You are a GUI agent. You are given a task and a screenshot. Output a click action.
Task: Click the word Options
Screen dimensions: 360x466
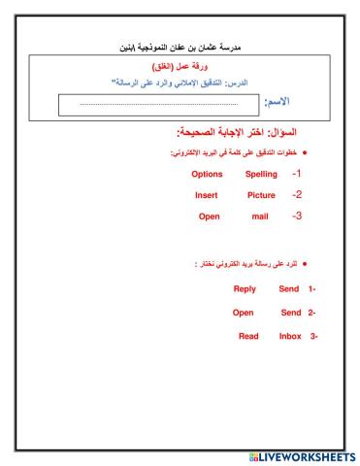(x=208, y=174)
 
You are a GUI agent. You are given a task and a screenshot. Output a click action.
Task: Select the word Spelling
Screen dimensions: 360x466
(x=260, y=174)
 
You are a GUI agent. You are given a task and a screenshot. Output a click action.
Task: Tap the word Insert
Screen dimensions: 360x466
(x=206, y=194)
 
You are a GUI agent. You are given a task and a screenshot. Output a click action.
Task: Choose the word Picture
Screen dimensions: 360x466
(x=260, y=194)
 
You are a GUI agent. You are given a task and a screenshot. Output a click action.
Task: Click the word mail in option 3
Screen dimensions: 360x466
(x=259, y=216)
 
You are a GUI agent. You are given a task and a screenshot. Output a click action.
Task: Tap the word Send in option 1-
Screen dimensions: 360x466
(x=289, y=289)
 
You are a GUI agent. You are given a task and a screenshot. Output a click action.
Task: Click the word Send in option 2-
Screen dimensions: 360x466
(x=291, y=313)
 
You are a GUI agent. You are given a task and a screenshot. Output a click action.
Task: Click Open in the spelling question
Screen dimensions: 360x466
(x=210, y=216)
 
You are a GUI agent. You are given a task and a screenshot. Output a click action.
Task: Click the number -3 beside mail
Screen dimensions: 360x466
(x=297, y=216)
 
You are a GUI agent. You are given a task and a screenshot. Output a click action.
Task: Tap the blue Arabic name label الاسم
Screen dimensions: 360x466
(x=282, y=102)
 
